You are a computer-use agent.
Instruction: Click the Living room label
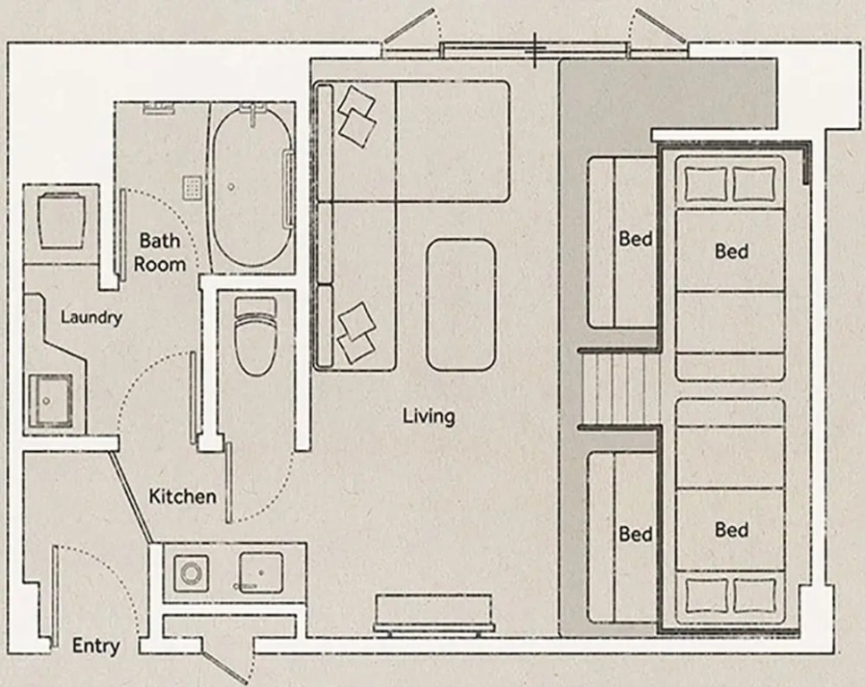pyautogui.click(x=428, y=416)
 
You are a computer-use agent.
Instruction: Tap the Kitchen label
pyautogui.click(x=182, y=496)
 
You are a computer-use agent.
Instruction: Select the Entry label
pyautogui.click(x=96, y=646)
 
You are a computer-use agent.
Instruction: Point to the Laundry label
pyautogui.click(x=91, y=318)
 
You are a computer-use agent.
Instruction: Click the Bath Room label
pyautogui.click(x=159, y=252)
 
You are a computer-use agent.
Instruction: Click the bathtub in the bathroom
pyautogui.click(x=252, y=189)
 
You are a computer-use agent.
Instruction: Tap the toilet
pyautogui.click(x=255, y=336)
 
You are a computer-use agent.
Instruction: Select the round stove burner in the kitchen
pyautogui.click(x=191, y=574)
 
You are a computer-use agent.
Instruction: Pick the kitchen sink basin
pyautogui.click(x=261, y=572)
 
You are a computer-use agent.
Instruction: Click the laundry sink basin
pyautogui.click(x=50, y=401)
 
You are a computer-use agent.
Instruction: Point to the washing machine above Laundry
pyautogui.click(x=61, y=221)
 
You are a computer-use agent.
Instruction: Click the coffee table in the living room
pyautogui.click(x=461, y=305)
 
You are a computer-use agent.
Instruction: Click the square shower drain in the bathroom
pyautogui.click(x=192, y=187)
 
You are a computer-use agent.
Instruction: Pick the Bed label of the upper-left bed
pyautogui.click(x=635, y=239)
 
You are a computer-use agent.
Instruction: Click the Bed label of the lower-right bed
pyautogui.click(x=732, y=530)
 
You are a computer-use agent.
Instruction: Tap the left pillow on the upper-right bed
pyautogui.click(x=706, y=184)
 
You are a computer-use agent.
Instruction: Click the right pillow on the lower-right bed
pyautogui.click(x=754, y=596)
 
